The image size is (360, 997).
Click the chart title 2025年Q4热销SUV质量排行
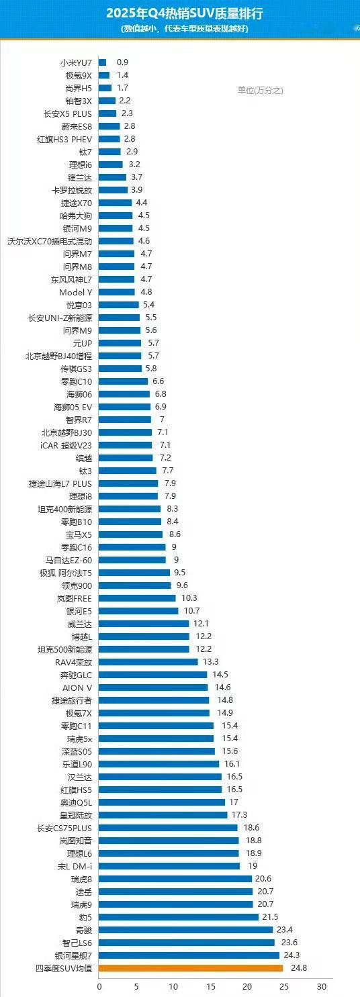pyautogui.click(x=179, y=13)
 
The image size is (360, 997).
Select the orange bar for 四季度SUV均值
pyautogui.click(x=191, y=967)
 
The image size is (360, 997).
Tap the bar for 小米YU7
pyautogui.click(x=103, y=62)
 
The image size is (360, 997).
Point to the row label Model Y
pyautogui.click(x=76, y=292)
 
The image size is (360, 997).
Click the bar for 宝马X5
pyautogui.click(x=131, y=534)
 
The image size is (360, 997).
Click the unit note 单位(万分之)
pyautogui.click(x=260, y=90)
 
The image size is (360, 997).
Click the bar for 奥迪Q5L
pyautogui.click(x=162, y=802)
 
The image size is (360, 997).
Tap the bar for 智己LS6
pyautogui.click(x=187, y=942)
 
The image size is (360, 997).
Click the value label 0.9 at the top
pyautogui.click(x=122, y=62)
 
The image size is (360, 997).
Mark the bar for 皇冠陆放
pyautogui.click(x=163, y=814)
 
